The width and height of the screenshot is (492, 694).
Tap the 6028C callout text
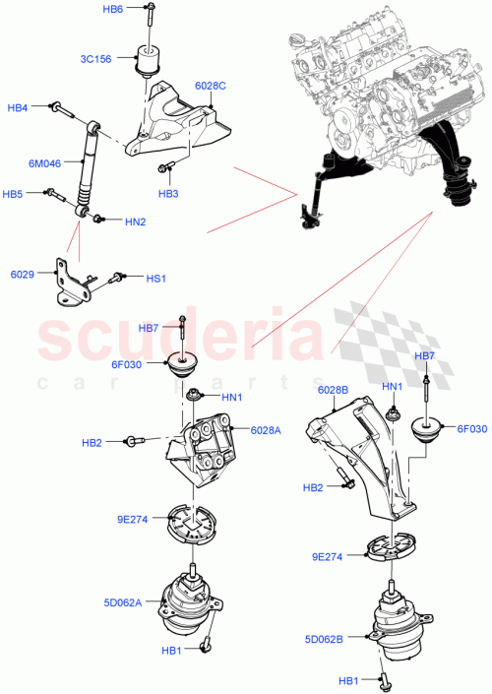(211, 86)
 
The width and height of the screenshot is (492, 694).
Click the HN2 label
(136, 221)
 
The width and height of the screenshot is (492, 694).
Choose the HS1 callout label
(155, 279)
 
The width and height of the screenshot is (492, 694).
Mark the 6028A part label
(266, 430)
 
